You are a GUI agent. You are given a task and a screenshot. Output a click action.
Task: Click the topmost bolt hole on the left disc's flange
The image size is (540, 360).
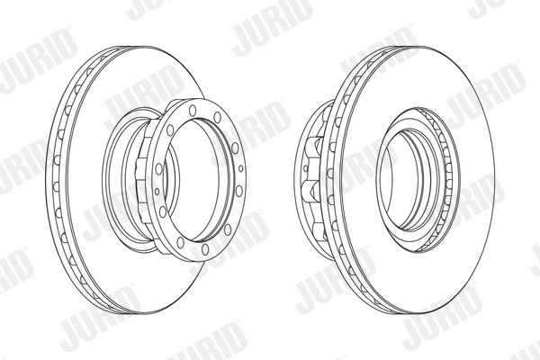click(x=193, y=110)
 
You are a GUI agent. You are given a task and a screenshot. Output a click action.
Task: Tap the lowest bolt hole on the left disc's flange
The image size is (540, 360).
click(x=205, y=249)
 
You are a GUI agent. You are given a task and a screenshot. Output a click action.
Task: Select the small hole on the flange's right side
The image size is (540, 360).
click(x=240, y=168)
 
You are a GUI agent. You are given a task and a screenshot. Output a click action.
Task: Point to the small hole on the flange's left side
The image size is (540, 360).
click(x=157, y=191)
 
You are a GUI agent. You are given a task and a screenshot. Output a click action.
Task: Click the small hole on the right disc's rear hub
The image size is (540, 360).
click(x=305, y=168)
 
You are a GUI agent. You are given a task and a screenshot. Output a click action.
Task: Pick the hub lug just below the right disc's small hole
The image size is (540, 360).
click(x=311, y=192)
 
